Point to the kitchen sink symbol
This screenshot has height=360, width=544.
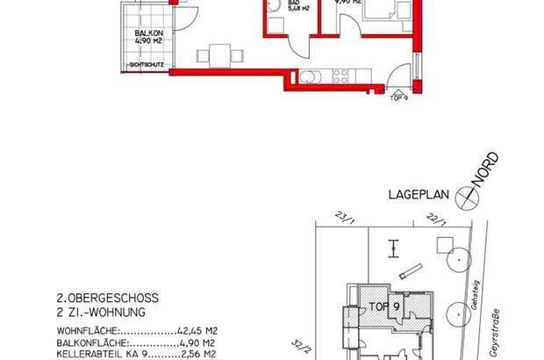click(x=309, y=76)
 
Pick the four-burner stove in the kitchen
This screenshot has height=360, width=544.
click(x=339, y=76)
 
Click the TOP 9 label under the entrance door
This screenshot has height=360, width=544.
click(x=399, y=97)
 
